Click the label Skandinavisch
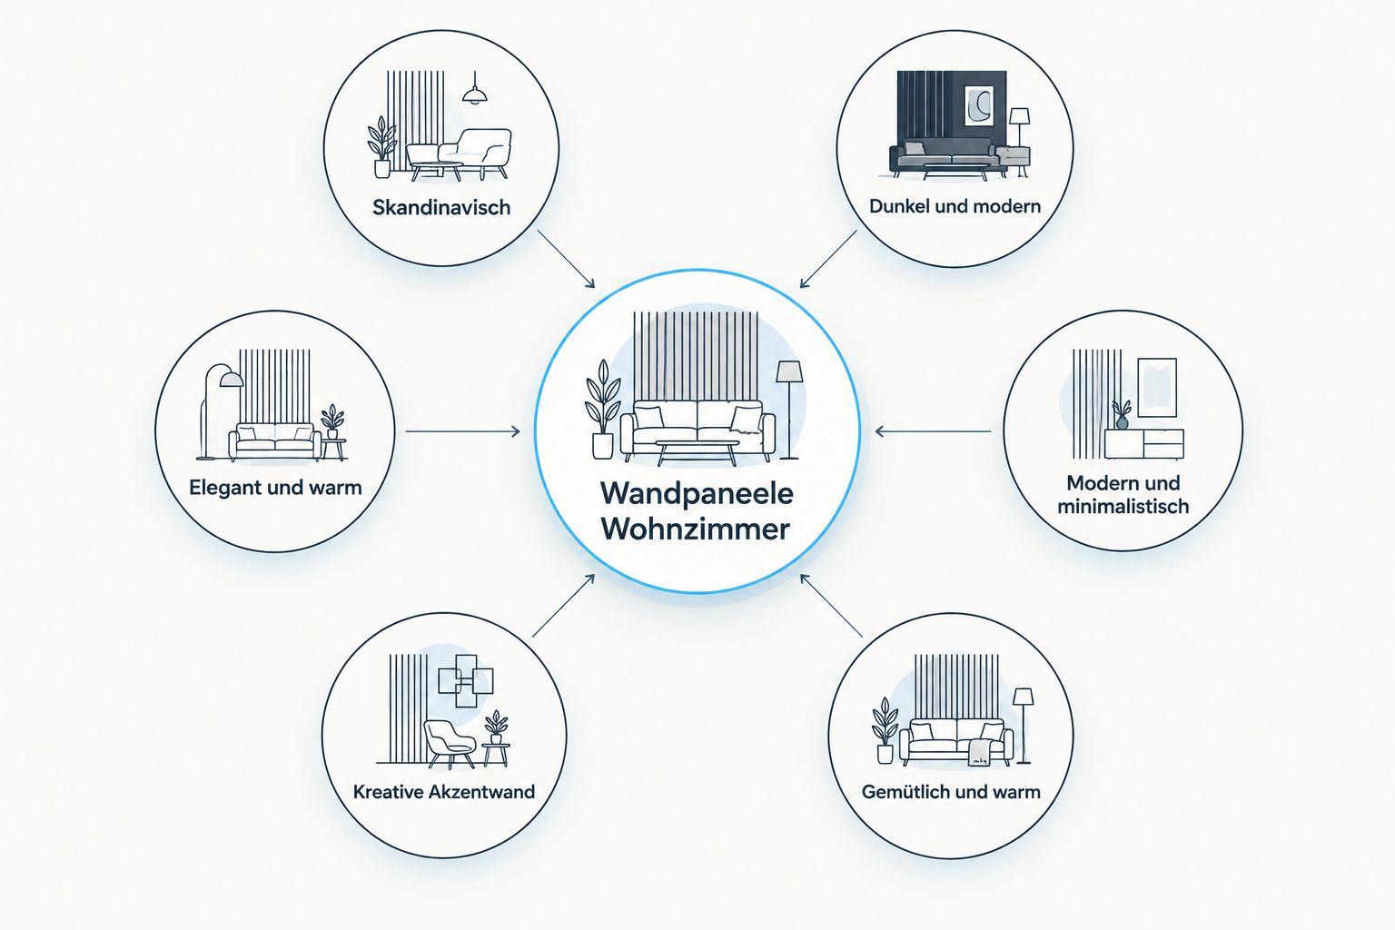point(440,207)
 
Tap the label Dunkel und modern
point(955,206)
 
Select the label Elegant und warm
point(275,487)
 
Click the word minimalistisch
point(1123,507)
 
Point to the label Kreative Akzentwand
point(444,792)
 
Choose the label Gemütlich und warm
point(951,792)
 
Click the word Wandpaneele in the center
point(697,493)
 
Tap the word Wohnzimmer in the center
point(696,529)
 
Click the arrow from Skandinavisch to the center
point(566,259)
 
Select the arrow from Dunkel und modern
point(828,259)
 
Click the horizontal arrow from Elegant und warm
point(462,431)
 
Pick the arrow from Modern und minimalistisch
point(933,431)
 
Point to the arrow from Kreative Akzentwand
point(564,606)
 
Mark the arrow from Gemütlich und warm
point(831,606)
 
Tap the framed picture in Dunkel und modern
point(978,106)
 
